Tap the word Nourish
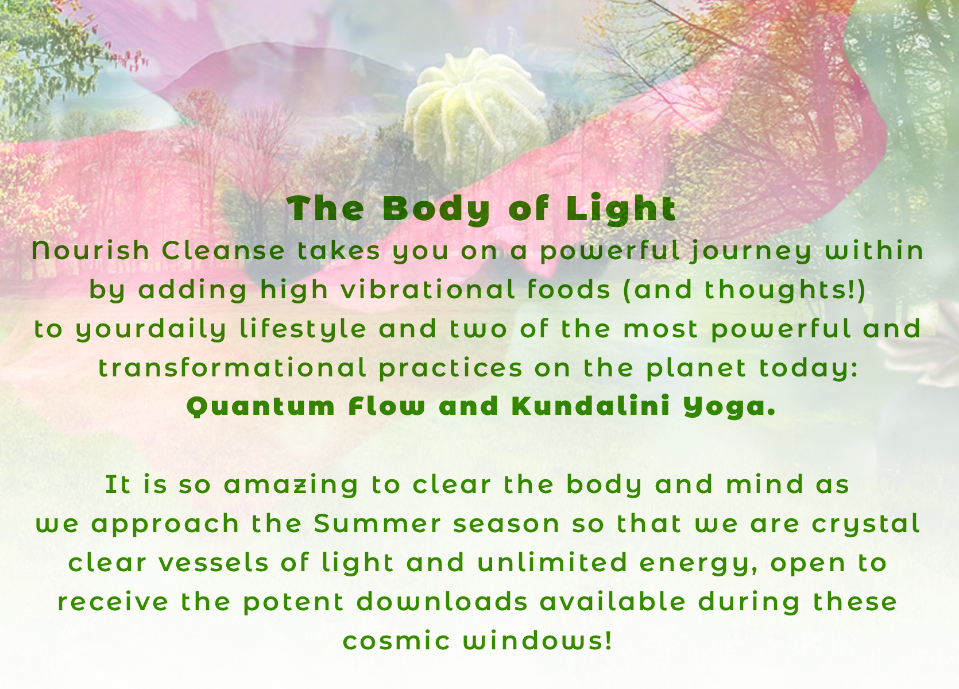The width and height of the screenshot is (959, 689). pos(90,250)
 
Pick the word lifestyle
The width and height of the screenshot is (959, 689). pos(303,329)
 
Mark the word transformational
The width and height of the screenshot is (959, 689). pos(233,368)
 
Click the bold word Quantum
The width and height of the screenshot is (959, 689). pos(261,407)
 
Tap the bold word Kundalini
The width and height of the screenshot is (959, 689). pos(591,406)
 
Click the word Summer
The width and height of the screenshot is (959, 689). pos(377,524)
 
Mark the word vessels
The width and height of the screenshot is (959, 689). pos(213,563)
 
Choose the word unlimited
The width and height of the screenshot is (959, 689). pos(552,563)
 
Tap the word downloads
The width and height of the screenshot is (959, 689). pos(442,602)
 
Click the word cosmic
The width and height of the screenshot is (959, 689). pos(396,641)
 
